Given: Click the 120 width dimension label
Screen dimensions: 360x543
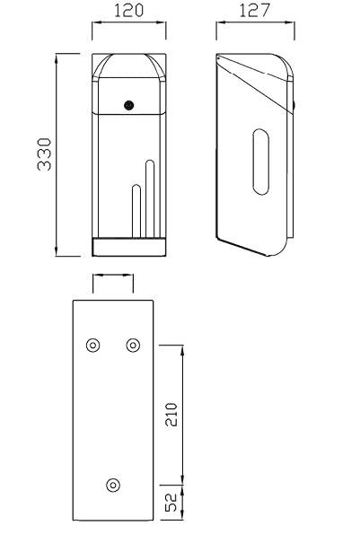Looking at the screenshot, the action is tap(128, 10).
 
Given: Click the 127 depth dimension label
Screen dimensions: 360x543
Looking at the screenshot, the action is tap(254, 10).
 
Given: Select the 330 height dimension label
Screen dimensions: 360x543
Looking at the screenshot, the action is tap(44, 154).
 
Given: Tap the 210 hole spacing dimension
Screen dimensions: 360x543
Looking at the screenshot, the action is tap(171, 414).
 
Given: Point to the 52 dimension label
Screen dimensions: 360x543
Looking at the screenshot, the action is tap(171, 503).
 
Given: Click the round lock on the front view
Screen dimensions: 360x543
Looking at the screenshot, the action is tap(129, 105).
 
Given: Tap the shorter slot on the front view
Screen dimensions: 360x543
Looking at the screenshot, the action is tap(136, 211).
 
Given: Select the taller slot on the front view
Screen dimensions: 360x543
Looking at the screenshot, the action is tap(150, 198).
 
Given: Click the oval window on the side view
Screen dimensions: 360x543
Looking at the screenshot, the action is tap(260, 162).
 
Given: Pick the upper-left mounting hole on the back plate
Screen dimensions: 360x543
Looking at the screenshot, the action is tap(92, 346).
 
